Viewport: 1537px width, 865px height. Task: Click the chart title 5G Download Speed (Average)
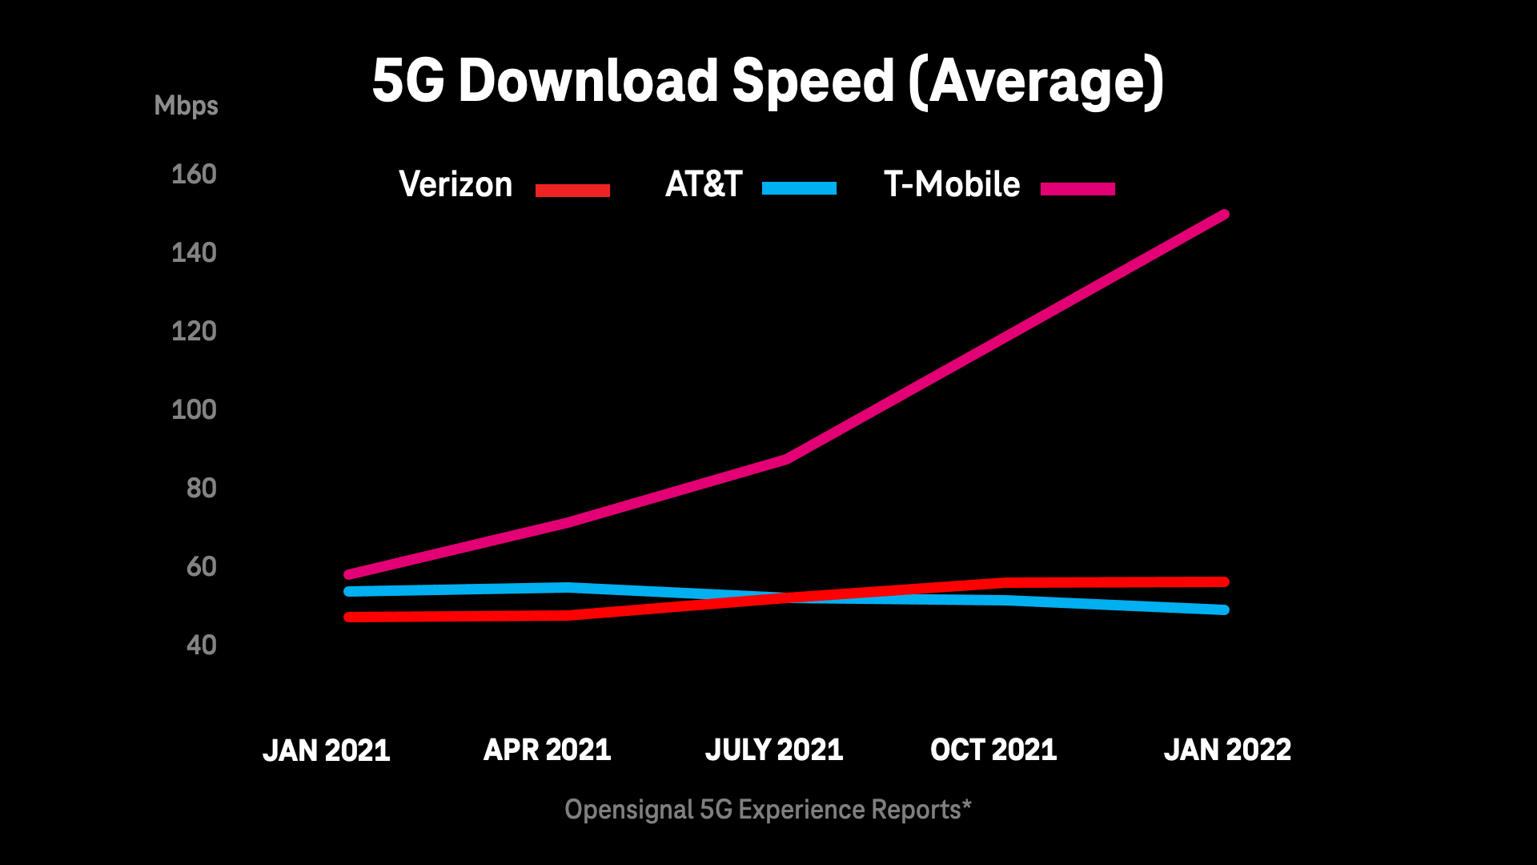(x=768, y=82)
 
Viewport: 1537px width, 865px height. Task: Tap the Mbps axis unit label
(x=186, y=106)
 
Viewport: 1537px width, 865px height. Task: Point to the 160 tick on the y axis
(x=194, y=175)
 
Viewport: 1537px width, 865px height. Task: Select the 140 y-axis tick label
(x=194, y=253)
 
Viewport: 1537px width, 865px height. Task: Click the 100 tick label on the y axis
(x=194, y=410)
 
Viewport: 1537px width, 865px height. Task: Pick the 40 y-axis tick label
(x=201, y=646)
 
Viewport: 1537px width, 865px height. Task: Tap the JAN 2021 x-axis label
(x=327, y=750)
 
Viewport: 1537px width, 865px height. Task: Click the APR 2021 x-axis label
(x=548, y=750)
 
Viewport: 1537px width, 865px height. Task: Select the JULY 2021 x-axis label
(x=774, y=750)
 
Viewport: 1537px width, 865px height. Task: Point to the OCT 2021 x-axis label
(x=993, y=750)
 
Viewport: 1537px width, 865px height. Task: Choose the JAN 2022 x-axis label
(x=1227, y=750)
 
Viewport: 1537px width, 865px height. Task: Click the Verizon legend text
(x=455, y=185)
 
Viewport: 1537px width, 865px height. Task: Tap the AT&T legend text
(x=704, y=185)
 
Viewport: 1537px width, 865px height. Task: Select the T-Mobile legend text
(x=952, y=185)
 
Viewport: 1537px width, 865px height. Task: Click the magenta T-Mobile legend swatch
(x=1078, y=189)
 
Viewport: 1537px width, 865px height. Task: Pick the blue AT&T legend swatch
(x=799, y=189)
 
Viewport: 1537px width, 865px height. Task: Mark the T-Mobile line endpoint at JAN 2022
(x=1223, y=215)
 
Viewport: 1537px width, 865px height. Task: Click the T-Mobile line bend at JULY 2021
(x=787, y=459)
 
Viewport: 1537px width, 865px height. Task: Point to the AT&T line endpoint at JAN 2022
(x=1223, y=610)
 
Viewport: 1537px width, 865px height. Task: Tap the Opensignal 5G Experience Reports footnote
(x=768, y=810)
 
